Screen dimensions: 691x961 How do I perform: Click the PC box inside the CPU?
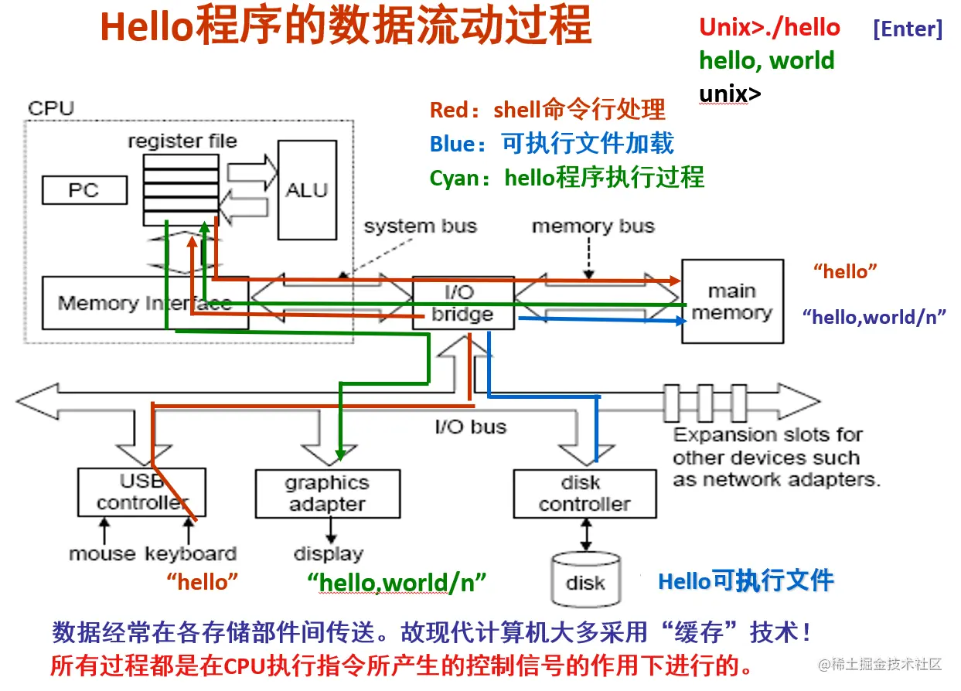tap(84, 190)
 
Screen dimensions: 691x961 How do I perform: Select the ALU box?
tap(307, 190)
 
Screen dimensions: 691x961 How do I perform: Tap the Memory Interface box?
tap(144, 303)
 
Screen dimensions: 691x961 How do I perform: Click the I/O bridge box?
tap(462, 303)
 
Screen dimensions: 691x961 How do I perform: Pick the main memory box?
tap(731, 301)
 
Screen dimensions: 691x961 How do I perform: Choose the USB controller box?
tap(141, 492)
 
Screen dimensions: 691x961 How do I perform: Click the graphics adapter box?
tap(327, 494)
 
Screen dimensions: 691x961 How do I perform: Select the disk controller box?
tap(584, 494)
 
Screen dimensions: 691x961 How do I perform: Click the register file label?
tap(182, 141)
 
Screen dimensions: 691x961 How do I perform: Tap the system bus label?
tap(421, 226)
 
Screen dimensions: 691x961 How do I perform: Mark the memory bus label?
tap(593, 226)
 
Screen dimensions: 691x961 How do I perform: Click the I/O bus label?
tap(470, 427)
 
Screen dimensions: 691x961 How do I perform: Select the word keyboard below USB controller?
tap(190, 553)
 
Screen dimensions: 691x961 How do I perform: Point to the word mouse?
tap(102, 553)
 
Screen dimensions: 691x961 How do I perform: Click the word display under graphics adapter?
tap(328, 553)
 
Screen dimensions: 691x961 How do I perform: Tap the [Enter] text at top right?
tap(907, 29)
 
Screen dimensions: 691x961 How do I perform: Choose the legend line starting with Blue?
tap(551, 144)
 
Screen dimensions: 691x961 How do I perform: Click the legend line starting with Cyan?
tap(567, 178)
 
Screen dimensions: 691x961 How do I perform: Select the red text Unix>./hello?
tap(769, 28)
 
